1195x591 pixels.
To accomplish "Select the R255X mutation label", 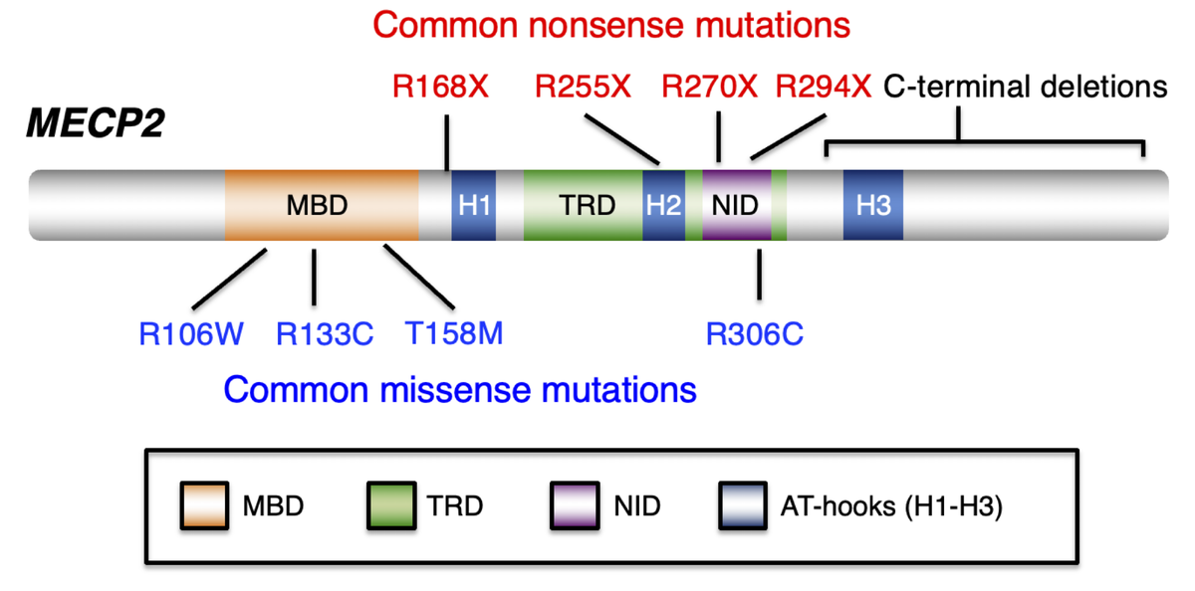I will coord(583,88).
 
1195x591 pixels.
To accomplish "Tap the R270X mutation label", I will coord(709,88).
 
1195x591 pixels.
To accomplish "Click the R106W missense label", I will coord(191,332).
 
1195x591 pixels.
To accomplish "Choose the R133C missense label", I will coord(325,332).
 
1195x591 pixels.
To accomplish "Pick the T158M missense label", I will coord(454,332).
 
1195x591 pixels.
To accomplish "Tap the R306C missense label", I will coord(755,332).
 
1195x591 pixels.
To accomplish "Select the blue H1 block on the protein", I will coord(473,205).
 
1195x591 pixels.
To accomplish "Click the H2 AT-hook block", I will coord(663,205).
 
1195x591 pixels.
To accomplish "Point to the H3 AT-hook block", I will coord(873,205).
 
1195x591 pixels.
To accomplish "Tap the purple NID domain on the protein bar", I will coord(737,205).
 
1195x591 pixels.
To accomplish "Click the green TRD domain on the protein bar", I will coord(583,205).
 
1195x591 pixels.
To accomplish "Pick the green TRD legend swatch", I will coord(389,505).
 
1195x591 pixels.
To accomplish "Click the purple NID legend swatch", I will coord(575,505).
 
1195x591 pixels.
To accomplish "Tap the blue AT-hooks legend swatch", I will coord(741,505).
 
